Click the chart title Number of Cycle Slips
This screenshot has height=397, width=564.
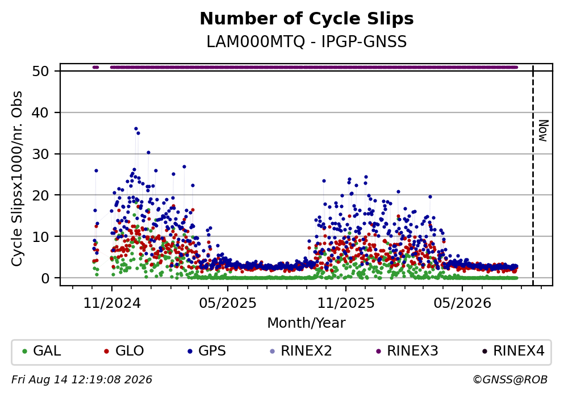tap(307, 19)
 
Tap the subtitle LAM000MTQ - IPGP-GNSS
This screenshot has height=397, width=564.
tap(307, 41)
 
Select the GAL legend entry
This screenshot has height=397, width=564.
tap(41, 350)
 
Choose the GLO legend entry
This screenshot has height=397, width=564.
tap(124, 350)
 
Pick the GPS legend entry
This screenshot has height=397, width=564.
tap(207, 350)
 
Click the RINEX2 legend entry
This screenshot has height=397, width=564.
tap(301, 350)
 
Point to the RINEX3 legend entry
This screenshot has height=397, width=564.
tap(407, 350)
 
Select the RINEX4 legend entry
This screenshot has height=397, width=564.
tap(513, 350)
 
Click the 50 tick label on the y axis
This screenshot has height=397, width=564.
tap(40, 71)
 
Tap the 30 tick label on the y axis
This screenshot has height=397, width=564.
tap(40, 154)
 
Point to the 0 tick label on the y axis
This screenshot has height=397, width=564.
tap(45, 278)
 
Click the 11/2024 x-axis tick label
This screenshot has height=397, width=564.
tap(112, 303)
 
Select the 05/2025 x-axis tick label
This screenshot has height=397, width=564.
tap(228, 303)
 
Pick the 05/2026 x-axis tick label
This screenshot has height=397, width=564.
tap(462, 303)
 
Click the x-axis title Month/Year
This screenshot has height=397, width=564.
tap(307, 323)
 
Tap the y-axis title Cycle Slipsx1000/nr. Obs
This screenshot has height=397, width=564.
tap(17, 179)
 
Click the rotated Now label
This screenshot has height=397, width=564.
tap(543, 131)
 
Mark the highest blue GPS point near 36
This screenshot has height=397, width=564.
tap(136, 129)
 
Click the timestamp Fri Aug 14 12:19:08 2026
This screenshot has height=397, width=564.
tap(82, 380)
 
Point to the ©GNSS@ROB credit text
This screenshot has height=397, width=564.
tap(511, 380)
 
